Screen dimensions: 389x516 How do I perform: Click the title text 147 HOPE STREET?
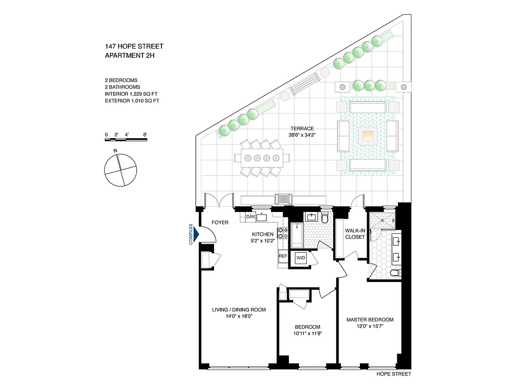coord(134,47)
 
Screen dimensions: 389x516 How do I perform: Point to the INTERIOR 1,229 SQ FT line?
coord(132,94)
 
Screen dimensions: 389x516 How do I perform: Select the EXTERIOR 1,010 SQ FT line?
coord(132,101)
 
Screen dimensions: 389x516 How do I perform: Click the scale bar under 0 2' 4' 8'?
coord(125,140)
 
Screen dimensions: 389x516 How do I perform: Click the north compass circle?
coord(119,170)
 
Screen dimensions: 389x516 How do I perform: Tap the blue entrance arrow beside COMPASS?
coord(196,235)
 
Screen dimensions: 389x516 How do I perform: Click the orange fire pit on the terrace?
coord(368,136)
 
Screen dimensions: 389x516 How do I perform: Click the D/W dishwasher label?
coord(251,216)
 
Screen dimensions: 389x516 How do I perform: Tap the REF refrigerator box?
coord(283,255)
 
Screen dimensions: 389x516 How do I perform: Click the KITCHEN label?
coord(259,234)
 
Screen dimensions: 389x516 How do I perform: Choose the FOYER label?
coord(220,223)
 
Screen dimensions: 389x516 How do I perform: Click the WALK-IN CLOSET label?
coord(355,233)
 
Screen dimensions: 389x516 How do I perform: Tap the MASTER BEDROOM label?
coord(370,319)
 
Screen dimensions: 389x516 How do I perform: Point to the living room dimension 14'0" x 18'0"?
coord(238,316)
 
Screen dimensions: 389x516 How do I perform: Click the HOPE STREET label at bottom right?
coord(394,374)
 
